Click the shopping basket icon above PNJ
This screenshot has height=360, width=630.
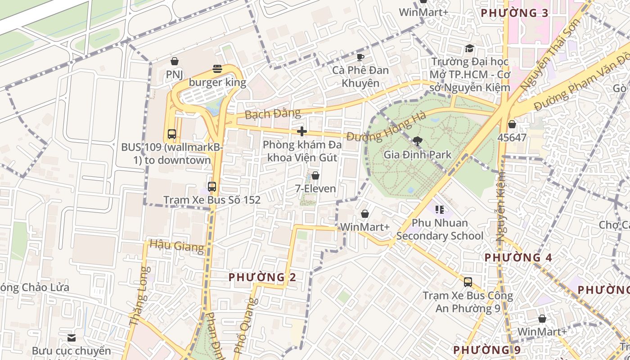pos(174,61)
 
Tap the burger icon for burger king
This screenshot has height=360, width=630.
pos(217,69)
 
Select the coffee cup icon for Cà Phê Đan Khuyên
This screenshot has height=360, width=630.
pos(360,57)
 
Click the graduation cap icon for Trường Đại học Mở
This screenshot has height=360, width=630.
pos(470,48)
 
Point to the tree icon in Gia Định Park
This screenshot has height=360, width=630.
pos(418,141)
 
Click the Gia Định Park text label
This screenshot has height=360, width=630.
pos(417,155)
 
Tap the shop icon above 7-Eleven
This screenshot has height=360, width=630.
pos(315,175)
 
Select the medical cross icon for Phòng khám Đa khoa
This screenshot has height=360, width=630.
pos(302,131)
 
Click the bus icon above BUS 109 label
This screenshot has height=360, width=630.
pos(172,134)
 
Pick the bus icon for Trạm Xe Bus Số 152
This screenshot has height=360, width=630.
pos(212,186)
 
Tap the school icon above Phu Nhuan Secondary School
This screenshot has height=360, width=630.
pos(440,209)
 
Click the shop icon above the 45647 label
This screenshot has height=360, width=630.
pos(512,124)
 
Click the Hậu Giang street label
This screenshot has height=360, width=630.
pos(176,246)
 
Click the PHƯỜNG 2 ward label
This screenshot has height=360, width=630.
pos(262,277)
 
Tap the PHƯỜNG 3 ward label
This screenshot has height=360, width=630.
pos(515,13)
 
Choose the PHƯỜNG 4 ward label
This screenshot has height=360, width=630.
pos(517,257)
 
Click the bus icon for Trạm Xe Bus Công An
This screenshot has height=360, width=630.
pos(468,282)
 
